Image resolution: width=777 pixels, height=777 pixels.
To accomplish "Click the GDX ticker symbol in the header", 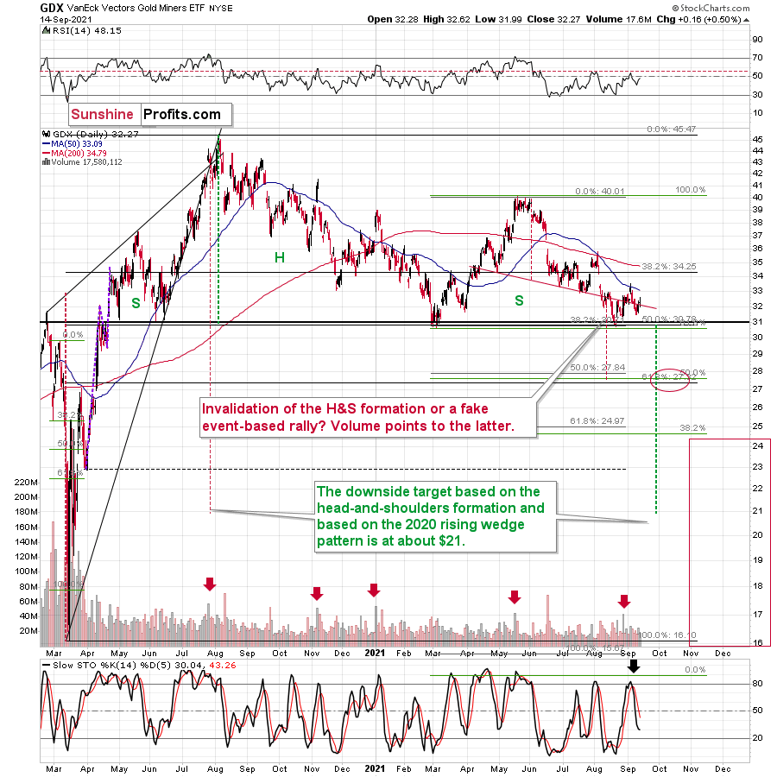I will coord(51,7).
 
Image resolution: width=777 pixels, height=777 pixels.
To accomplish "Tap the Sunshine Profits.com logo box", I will coord(146,114).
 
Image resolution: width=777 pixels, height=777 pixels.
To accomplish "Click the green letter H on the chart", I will coord(279,256).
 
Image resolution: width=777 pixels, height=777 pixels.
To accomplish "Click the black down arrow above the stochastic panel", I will coord(634,666).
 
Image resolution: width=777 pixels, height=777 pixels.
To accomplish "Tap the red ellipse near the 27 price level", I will coord(669,381).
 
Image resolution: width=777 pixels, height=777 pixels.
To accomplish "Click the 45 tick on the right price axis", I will coord(756,139).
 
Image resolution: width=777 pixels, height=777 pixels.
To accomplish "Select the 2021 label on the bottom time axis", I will coord(373,766).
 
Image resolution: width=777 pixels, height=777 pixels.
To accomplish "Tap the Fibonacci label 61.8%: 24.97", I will coord(597,421).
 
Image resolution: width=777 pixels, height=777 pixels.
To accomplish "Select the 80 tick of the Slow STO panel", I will coord(756,684).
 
